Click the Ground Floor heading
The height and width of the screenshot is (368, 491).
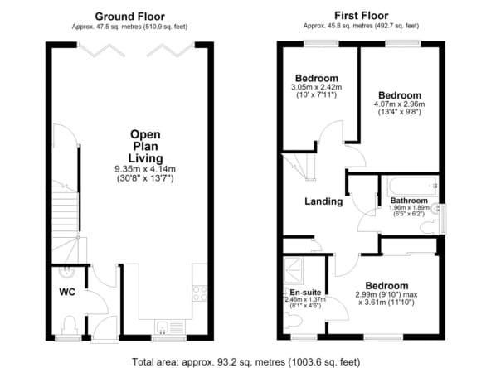[129, 17]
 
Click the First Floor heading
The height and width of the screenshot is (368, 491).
[361, 15]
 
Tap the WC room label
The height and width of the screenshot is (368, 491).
[67, 292]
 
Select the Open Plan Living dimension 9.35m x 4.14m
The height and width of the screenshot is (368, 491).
[145, 169]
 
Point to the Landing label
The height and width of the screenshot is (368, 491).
[323, 201]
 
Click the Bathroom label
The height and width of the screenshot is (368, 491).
[409, 201]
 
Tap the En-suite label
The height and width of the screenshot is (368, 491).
[305, 293]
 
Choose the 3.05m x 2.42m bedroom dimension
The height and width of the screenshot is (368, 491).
[317, 87]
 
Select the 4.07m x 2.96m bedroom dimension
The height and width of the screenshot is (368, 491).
[399, 104]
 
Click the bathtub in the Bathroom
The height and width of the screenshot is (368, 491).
[413, 186]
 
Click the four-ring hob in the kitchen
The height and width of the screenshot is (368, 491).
[199, 293]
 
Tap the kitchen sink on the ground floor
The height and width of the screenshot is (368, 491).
[170, 327]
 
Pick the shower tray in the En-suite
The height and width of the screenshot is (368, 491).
[293, 271]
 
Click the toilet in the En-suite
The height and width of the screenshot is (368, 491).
[293, 321]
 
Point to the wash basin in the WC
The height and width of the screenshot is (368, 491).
[66, 272]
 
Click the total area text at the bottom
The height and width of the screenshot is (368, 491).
[245, 362]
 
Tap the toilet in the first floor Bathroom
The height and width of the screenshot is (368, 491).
[429, 227]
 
